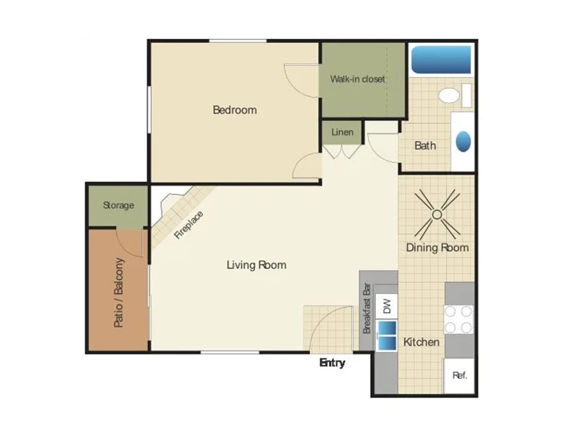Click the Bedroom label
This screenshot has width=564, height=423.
click(x=235, y=110)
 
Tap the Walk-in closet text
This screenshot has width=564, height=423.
click(x=357, y=79)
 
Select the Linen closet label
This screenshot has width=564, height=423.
click(x=342, y=133)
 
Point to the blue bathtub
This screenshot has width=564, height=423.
click(x=441, y=60)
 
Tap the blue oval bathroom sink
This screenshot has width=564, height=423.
click(x=462, y=142)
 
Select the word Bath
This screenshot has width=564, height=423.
click(x=425, y=146)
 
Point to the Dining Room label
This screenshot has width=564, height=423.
click(x=437, y=247)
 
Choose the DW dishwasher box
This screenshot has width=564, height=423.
click(x=386, y=306)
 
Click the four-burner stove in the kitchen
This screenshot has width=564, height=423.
click(x=458, y=319)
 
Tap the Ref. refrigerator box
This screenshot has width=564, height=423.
click(x=459, y=375)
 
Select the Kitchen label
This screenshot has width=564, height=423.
click(x=422, y=343)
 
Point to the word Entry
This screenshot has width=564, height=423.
click(x=332, y=363)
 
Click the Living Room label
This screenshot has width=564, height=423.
click(x=256, y=265)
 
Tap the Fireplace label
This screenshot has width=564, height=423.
click(x=188, y=225)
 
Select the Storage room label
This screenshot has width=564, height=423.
click(x=118, y=206)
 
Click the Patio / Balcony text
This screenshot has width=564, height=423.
click(x=119, y=293)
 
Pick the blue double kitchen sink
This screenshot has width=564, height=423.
click(x=386, y=336)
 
